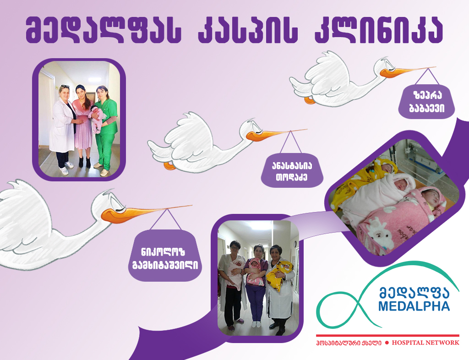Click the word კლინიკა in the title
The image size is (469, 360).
(x=379, y=30)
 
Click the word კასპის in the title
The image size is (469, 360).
(x=248, y=30)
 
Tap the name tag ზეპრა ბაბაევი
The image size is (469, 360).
(x=427, y=102)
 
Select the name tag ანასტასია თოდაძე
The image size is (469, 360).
(x=292, y=170)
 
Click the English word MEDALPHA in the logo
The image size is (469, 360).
(x=414, y=306)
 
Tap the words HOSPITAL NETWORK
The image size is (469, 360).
(x=425, y=343)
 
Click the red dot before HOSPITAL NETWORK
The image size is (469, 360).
(x=387, y=343)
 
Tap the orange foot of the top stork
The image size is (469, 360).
(x=310, y=100)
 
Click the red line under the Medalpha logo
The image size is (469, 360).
(x=387, y=336)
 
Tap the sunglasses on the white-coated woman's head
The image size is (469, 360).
(x=65, y=86)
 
